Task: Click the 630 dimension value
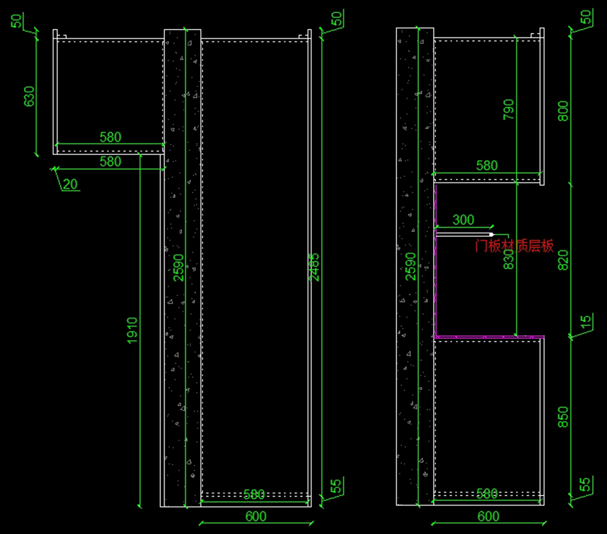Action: pos(29,96)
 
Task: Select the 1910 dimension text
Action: pos(132,330)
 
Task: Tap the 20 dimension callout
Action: pos(71,184)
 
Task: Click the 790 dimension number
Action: pos(508,109)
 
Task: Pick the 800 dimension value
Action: pos(563,111)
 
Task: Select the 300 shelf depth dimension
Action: pos(463,220)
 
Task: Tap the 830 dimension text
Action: pos(509,258)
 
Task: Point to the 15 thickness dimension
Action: pos(585,321)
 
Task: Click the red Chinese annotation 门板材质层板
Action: pos(514,246)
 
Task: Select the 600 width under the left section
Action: pos(255,517)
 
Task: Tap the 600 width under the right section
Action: pos(488,517)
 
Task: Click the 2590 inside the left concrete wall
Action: pos(179,267)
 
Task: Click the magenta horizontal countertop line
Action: pos(489,336)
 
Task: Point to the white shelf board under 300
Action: pos(463,235)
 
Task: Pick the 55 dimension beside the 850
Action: pos(585,485)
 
